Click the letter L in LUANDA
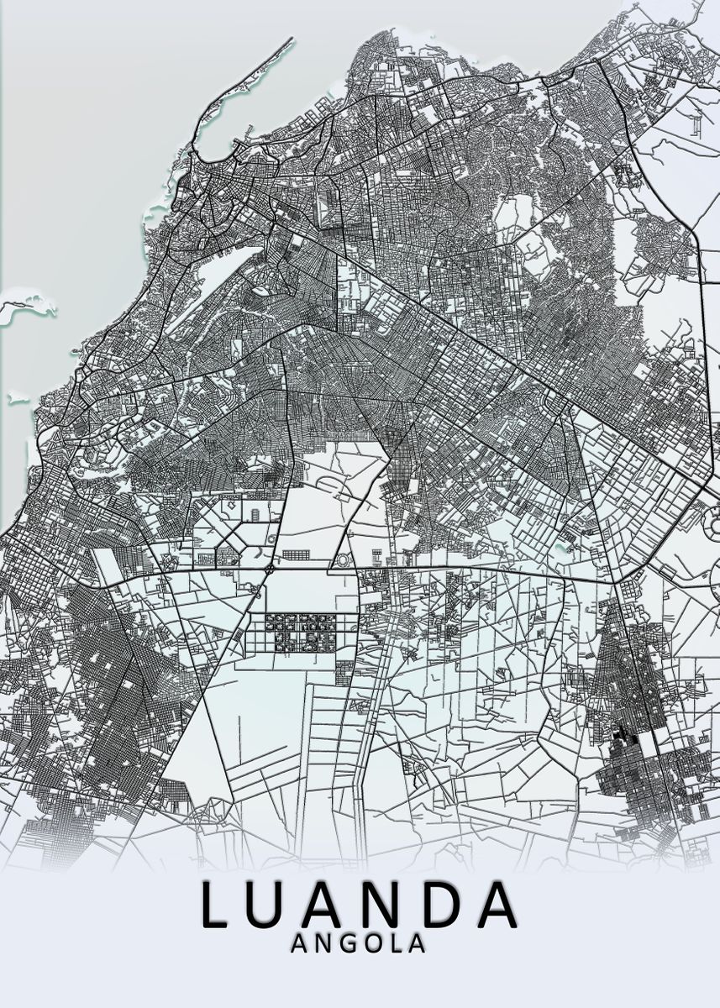coord(216,906)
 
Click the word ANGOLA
coord(358,944)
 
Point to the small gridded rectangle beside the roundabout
coord(295,554)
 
